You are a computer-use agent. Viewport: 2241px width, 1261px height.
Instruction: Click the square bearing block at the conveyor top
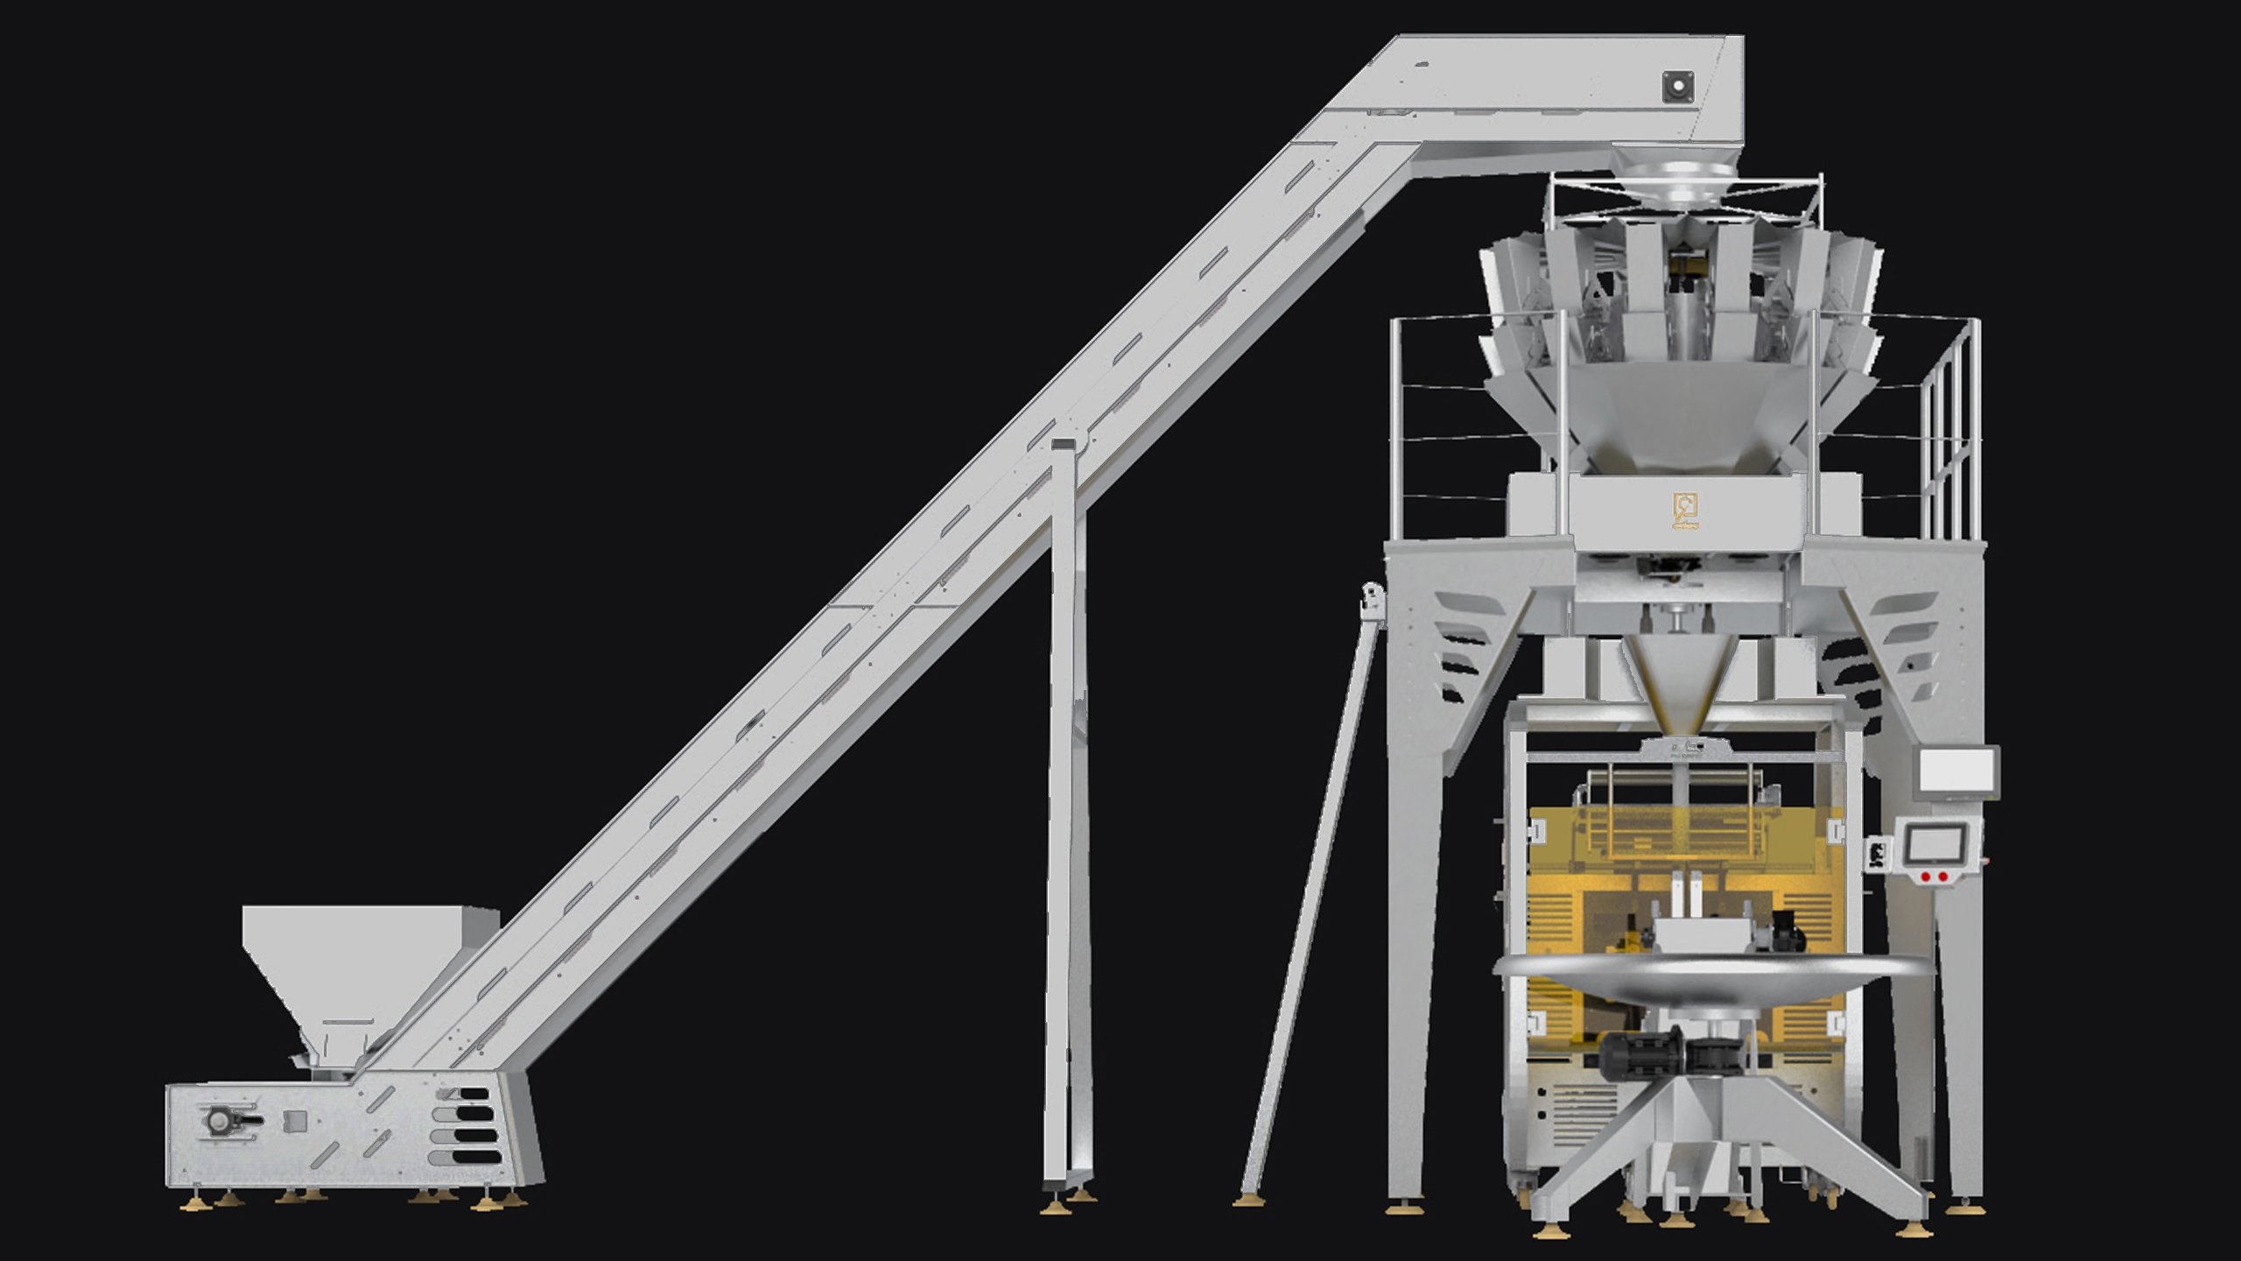pyautogui.click(x=1677, y=87)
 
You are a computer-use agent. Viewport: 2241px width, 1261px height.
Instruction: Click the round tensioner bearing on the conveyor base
pyautogui.click(x=219, y=1120)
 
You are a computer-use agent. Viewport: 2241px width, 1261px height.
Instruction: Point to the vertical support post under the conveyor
pyautogui.click(x=1066, y=788)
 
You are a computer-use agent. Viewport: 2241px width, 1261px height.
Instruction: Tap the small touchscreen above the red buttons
pyautogui.click(x=1934, y=844)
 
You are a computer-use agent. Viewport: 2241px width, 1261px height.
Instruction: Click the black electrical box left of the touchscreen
pyautogui.click(x=1876, y=854)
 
